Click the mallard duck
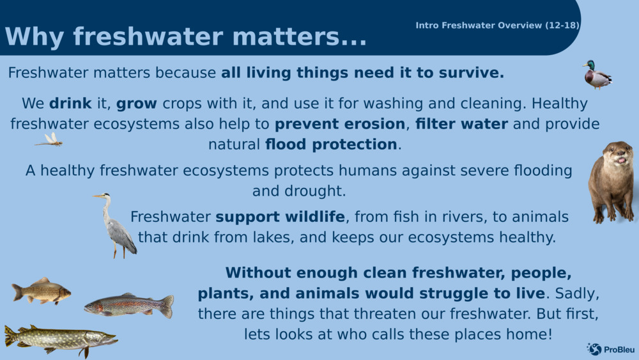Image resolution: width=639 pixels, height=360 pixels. pyautogui.click(x=597, y=75)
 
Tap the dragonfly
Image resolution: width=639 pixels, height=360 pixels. pyautogui.click(x=49, y=139)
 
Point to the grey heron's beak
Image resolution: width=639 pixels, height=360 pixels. pyautogui.click(x=98, y=196)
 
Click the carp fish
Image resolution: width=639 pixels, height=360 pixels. pyautogui.click(x=41, y=291)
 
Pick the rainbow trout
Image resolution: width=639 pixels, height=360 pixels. pyautogui.click(x=129, y=306)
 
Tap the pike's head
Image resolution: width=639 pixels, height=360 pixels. pyautogui.click(x=102, y=338)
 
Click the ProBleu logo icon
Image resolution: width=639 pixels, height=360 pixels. pyautogui.click(x=594, y=349)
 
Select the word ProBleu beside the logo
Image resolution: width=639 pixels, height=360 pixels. pyautogui.click(x=619, y=350)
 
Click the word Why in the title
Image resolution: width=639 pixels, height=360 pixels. pyautogui.click(x=35, y=37)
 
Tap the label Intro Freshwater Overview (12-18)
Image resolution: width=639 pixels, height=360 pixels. pyautogui.click(x=497, y=26)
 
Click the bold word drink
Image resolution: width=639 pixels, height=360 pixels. pyautogui.click(x=70, y=103)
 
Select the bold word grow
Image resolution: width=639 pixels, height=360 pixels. pyautogui.click(x=137, y=104)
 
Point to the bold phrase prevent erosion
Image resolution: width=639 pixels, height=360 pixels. pyautogui.click(x=340, y=124)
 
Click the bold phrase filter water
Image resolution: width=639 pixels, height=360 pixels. pyautogui.click(x=462, y=123)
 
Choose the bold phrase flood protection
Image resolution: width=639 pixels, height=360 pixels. pyautogui.click(x=331, y=145)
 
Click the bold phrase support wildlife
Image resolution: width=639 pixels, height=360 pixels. pyautogui.click(x=280, y=217)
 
